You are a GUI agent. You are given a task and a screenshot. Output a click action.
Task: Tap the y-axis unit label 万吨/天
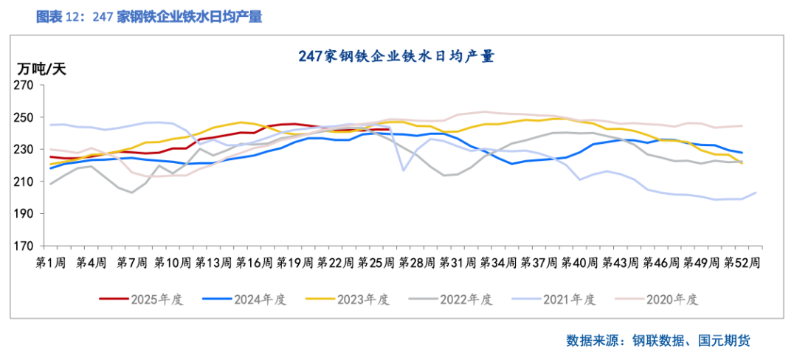click(41, 69)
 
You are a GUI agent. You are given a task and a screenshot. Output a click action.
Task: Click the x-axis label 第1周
click(51, 262)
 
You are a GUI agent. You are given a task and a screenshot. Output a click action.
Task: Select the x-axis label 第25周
click(377, 262)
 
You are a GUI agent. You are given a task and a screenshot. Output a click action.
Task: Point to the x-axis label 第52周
click(742, 262)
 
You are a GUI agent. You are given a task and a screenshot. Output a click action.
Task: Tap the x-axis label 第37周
click(540, 262)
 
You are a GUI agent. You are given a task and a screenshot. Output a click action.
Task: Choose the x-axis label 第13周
click(214, 262)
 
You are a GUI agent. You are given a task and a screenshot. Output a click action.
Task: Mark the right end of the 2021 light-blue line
click(756, 193)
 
